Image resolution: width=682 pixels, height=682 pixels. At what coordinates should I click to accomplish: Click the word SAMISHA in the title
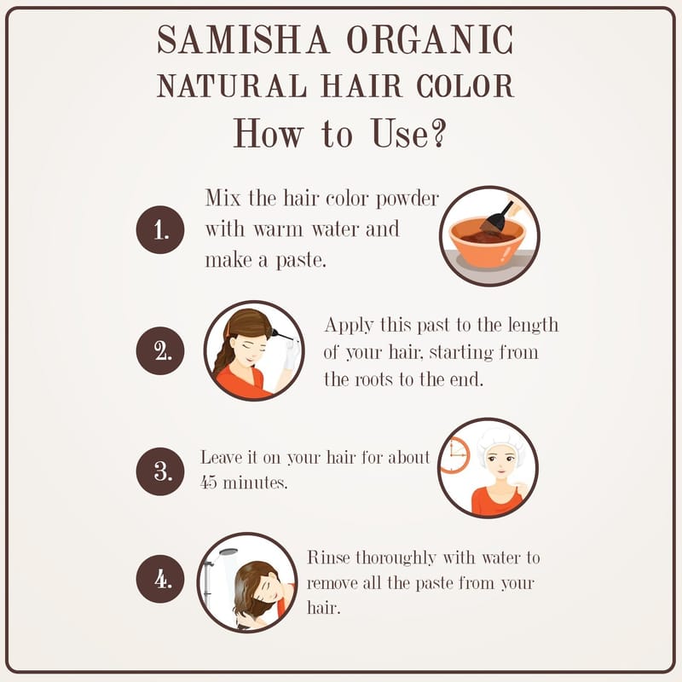(243, 39)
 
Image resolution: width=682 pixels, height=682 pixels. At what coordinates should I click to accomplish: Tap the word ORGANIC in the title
(430, 39)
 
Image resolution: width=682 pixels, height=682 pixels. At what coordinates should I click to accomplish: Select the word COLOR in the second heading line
(465, 86)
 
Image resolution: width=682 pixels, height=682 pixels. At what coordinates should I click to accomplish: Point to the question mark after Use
(438, 133)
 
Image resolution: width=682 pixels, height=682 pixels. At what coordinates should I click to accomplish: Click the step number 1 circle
(160, 229)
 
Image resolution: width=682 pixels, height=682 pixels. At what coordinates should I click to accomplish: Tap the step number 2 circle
(160, 350)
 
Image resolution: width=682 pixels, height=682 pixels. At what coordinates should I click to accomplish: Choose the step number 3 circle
(160, 471)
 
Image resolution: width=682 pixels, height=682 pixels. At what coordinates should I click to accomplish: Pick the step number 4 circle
(160, 579)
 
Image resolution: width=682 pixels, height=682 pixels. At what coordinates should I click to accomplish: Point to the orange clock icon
(455, 455)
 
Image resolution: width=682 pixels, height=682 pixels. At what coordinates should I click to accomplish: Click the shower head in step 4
(227, 552)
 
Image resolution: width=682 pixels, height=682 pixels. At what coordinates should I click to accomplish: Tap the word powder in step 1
(407, 199)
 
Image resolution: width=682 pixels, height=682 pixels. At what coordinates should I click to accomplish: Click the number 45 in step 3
(208, 483)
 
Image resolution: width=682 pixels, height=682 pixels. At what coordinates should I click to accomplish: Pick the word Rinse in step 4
(328, 558)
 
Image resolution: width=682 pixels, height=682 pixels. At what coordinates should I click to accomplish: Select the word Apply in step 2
(349, 327)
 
